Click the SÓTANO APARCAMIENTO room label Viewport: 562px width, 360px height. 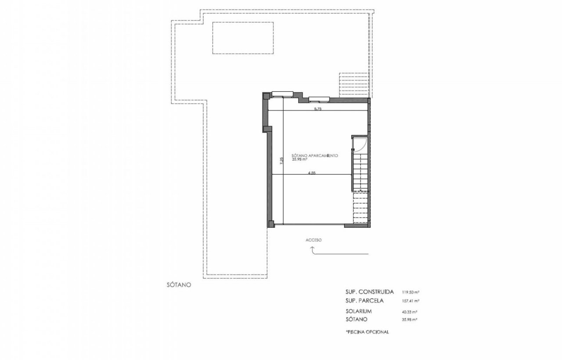315,155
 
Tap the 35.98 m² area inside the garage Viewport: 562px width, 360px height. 299,159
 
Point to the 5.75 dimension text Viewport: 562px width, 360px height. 317,109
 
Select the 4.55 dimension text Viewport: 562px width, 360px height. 312,173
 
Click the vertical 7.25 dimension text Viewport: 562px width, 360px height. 281,161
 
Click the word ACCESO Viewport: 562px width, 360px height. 313,240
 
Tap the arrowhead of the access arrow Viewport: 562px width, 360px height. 312,248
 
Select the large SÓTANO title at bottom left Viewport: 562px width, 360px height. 179,285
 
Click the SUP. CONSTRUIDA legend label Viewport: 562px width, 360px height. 370,292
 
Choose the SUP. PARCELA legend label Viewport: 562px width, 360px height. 364,301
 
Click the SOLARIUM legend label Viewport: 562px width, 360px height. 359,311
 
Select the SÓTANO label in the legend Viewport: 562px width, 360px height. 357,319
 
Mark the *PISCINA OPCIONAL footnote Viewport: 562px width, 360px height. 367,332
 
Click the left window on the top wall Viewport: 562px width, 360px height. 282,94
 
